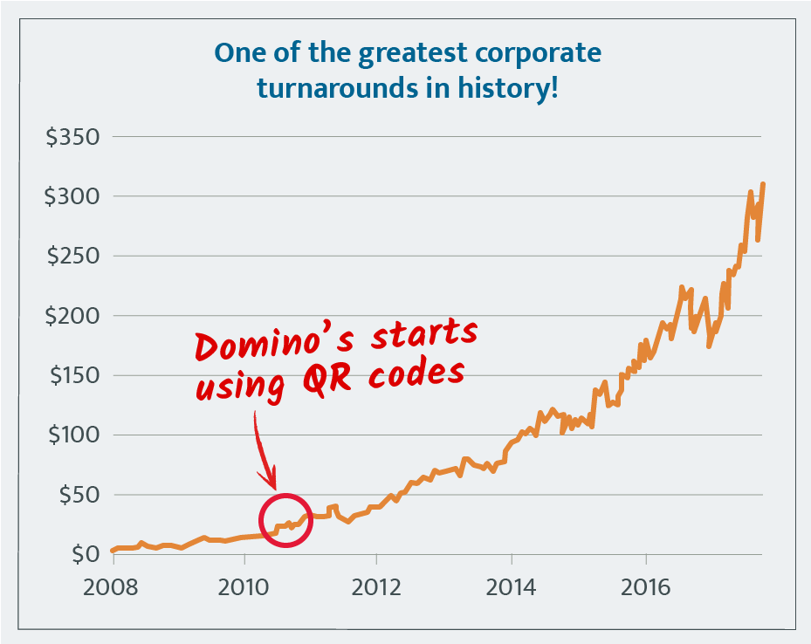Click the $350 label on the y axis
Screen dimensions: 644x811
coord(72,137)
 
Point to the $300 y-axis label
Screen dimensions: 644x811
coord(72,196)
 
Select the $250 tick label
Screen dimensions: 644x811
coord(72,256)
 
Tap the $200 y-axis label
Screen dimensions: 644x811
coord(72,315)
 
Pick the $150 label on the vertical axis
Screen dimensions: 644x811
coord(72,375)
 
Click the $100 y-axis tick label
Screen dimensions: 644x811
coord(72,435)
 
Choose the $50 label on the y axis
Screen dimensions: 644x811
coord(79,494)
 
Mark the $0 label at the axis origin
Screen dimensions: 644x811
coord(85,553)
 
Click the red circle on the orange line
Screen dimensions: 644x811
coord(285,520)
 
